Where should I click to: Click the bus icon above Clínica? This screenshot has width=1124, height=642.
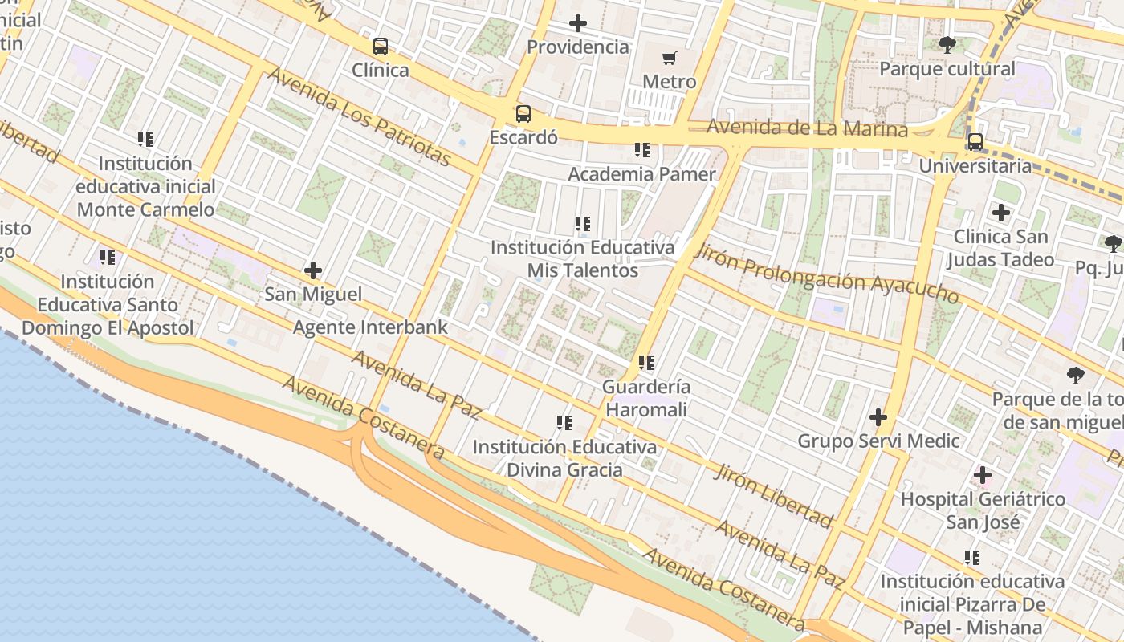[x=381, y=47]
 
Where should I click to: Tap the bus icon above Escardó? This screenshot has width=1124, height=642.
[x=523, y=114]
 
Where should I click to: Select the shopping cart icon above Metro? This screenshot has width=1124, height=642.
[x=670, y=58]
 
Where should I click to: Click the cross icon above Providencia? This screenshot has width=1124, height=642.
[x=577, y=23]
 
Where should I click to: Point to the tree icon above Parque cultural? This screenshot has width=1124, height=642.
[x=947, y=45]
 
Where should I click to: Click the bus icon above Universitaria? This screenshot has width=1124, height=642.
[x=975, y=142]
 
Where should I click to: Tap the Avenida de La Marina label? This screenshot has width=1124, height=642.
[x=807, y=128]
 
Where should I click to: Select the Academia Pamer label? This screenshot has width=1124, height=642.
[x=641, y=174]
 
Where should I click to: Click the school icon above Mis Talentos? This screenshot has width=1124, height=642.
[x=583, y=224]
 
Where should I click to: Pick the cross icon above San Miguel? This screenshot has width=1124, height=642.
[x=313, y=270]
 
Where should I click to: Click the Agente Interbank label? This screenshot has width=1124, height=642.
[x=370, y=327]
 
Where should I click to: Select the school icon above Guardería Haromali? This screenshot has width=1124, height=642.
[x=646, y=363]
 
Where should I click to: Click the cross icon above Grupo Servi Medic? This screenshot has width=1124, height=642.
[x=878, y=417]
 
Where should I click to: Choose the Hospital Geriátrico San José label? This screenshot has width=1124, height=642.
[x=983, y=510]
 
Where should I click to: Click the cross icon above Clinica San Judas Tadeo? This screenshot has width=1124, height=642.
[x=1000, y=213]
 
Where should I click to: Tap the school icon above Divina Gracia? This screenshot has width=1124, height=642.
[x=564, y=423]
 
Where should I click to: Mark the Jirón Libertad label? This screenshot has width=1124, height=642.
[x=773, y=495]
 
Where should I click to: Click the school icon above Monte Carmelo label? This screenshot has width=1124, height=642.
[x=145, y=140]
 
